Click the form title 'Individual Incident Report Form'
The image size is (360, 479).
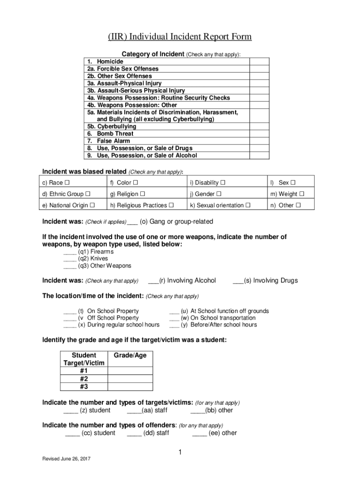point(180,37)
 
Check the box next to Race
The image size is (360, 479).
point(67,182)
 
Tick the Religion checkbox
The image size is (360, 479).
point(142,194)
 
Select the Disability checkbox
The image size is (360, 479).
point(223,182)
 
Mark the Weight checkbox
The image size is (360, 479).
point(302,194)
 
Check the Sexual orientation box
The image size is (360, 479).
point(248,205)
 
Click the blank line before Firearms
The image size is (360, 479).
point(70,252)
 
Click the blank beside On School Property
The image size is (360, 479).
point(70,311)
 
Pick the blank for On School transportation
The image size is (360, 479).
point(174,318)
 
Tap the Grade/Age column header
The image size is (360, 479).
point(130,356)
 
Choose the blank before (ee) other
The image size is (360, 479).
point(199,433)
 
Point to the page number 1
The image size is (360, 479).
point(180,452)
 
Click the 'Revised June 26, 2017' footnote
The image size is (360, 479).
point(66,459)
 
